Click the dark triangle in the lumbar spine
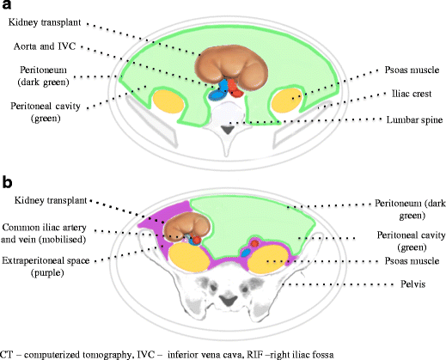[x=224, y=129]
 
